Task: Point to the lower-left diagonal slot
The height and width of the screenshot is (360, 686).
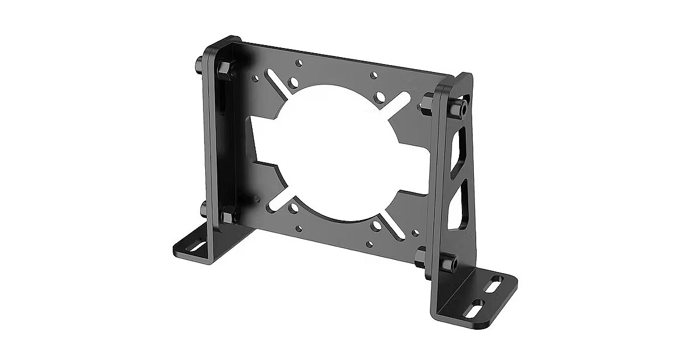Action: pos(276,200)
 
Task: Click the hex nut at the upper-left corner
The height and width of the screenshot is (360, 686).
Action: pos(224,68)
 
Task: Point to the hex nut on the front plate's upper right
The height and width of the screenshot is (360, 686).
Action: pos(425,103)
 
